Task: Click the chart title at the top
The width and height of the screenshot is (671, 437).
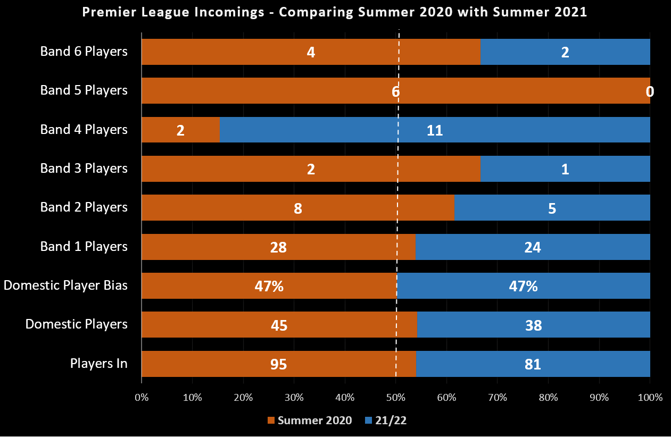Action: click(335, 12)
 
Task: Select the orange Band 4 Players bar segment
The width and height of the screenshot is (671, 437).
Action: click(180, 130)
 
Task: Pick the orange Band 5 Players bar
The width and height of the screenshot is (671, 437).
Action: click(266, 91)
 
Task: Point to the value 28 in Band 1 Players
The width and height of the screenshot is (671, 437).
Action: click(278, 247)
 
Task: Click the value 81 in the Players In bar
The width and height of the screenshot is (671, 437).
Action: click(533, 364)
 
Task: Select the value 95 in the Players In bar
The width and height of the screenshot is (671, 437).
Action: click(278, 364)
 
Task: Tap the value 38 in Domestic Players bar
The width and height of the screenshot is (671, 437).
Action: click(533, 325)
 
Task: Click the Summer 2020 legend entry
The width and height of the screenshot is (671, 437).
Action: click(310, 421)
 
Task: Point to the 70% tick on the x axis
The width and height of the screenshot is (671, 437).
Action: click(498, 397)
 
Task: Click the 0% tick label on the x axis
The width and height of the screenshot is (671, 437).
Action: click(142, 397)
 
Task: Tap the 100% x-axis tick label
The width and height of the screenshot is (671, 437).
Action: click(650, 397)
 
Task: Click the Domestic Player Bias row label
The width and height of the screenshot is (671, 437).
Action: click(65, 285)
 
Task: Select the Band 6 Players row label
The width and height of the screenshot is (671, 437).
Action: click(84, 52)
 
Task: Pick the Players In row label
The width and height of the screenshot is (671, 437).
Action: click(98, 364)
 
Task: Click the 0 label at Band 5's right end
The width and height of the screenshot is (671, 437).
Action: click(650, 91)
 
